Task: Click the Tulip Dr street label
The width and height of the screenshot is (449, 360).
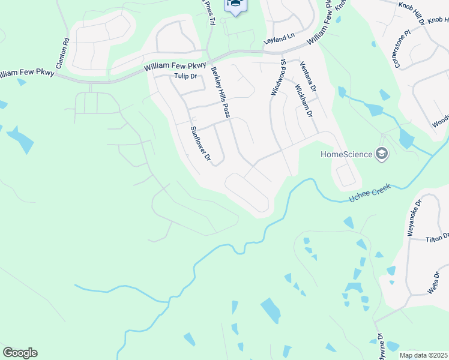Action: click(x=185, y=76)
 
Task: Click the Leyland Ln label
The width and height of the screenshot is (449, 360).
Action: click(x=282, y=37)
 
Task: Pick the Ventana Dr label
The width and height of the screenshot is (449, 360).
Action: click(x=308, y=77)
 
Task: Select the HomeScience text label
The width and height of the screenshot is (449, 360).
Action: click(x=346, y=154)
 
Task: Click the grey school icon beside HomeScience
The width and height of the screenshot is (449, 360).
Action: click(x=381, y=155)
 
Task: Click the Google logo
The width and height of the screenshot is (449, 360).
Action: click(x=20, y=353)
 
